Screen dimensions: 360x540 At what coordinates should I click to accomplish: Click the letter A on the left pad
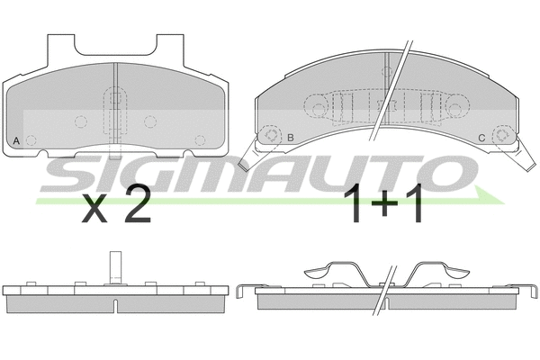tap(17, 140)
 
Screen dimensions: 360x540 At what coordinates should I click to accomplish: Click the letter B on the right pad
tap(291, 137)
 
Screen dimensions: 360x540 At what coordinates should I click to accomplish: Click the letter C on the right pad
tap(481, 137)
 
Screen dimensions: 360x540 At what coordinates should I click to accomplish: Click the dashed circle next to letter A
tap(32, 139)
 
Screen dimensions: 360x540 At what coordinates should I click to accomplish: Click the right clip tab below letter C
tap(522, 162)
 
